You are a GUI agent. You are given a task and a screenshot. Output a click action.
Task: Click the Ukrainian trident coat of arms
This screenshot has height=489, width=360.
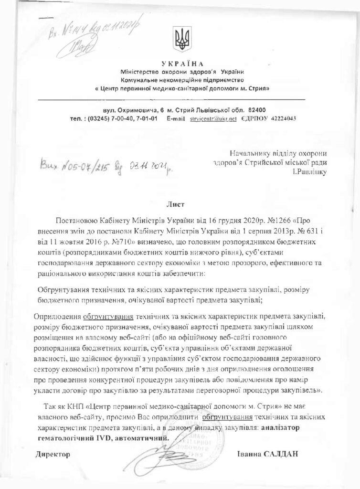[182, 40]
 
